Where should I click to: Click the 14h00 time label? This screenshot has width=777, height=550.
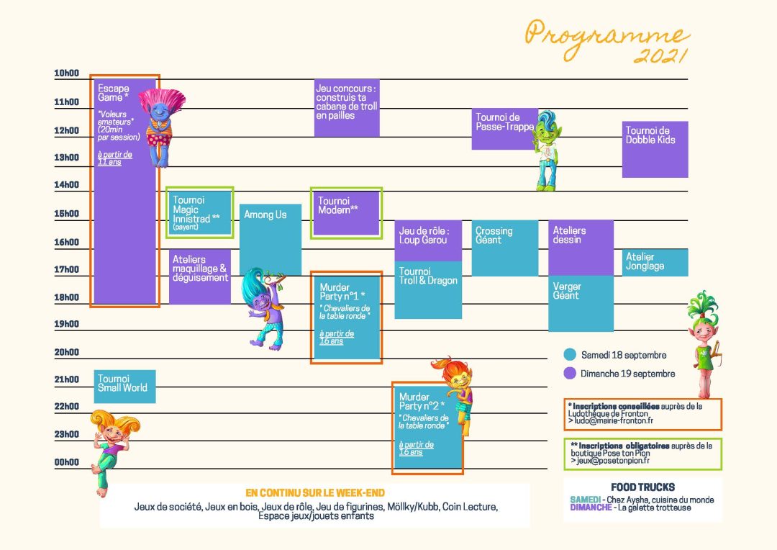coord(66,185)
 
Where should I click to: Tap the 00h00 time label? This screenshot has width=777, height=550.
coord(66,462)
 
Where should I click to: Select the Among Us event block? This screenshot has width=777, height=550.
coord(270,238)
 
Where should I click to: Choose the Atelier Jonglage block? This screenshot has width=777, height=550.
coord(655,262)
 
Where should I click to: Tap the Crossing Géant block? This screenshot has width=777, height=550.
coord(504,248)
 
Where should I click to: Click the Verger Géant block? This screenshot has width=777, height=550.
coord(581,302)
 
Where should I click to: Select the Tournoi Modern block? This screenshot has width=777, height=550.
coord(346,212)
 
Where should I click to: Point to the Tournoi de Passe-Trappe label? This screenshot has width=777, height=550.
coord(504,122)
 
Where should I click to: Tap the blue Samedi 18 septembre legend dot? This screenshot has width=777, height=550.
coord(570,355)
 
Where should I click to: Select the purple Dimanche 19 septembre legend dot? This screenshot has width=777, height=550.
coord(570,374)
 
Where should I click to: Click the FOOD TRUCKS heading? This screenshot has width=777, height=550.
coord(642,487)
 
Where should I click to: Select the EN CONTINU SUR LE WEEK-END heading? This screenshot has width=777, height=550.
coord(315,493)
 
